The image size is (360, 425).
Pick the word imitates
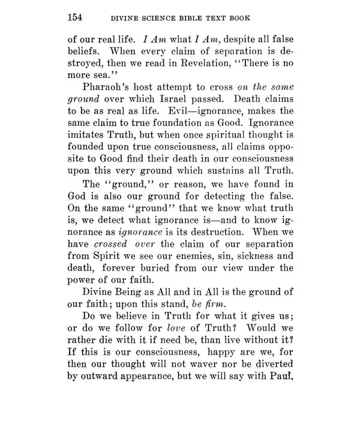pyautogui.click(x=89, y=153)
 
